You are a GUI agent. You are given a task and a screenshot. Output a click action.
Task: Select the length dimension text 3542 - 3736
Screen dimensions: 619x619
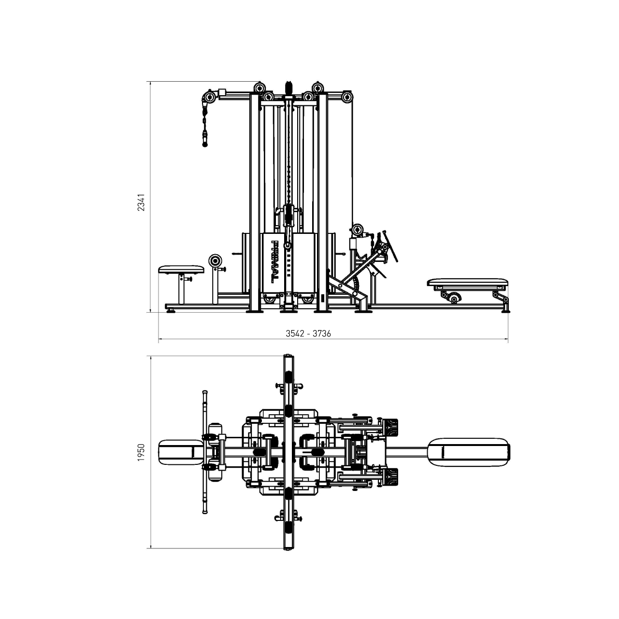coord(308,333)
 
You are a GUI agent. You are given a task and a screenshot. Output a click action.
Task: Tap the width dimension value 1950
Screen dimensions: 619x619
coord(141,452)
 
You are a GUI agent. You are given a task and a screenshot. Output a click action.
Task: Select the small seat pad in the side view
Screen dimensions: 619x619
coord(181,269)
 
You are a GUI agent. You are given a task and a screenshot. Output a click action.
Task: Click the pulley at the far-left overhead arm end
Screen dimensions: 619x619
coord(210,98)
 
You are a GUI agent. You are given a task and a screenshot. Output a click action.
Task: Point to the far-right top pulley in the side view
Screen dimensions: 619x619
coord(346,98)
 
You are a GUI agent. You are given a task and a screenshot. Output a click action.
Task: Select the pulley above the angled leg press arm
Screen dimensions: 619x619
coord(358,230)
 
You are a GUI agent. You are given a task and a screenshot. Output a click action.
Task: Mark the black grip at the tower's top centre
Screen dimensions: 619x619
coord(289,87)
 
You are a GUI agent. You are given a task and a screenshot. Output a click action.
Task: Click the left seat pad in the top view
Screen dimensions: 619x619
coord(181,452)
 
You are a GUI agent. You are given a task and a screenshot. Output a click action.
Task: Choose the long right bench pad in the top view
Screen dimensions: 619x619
coord(469,452)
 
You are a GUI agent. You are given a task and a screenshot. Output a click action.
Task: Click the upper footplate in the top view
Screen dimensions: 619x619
coord(391,427)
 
